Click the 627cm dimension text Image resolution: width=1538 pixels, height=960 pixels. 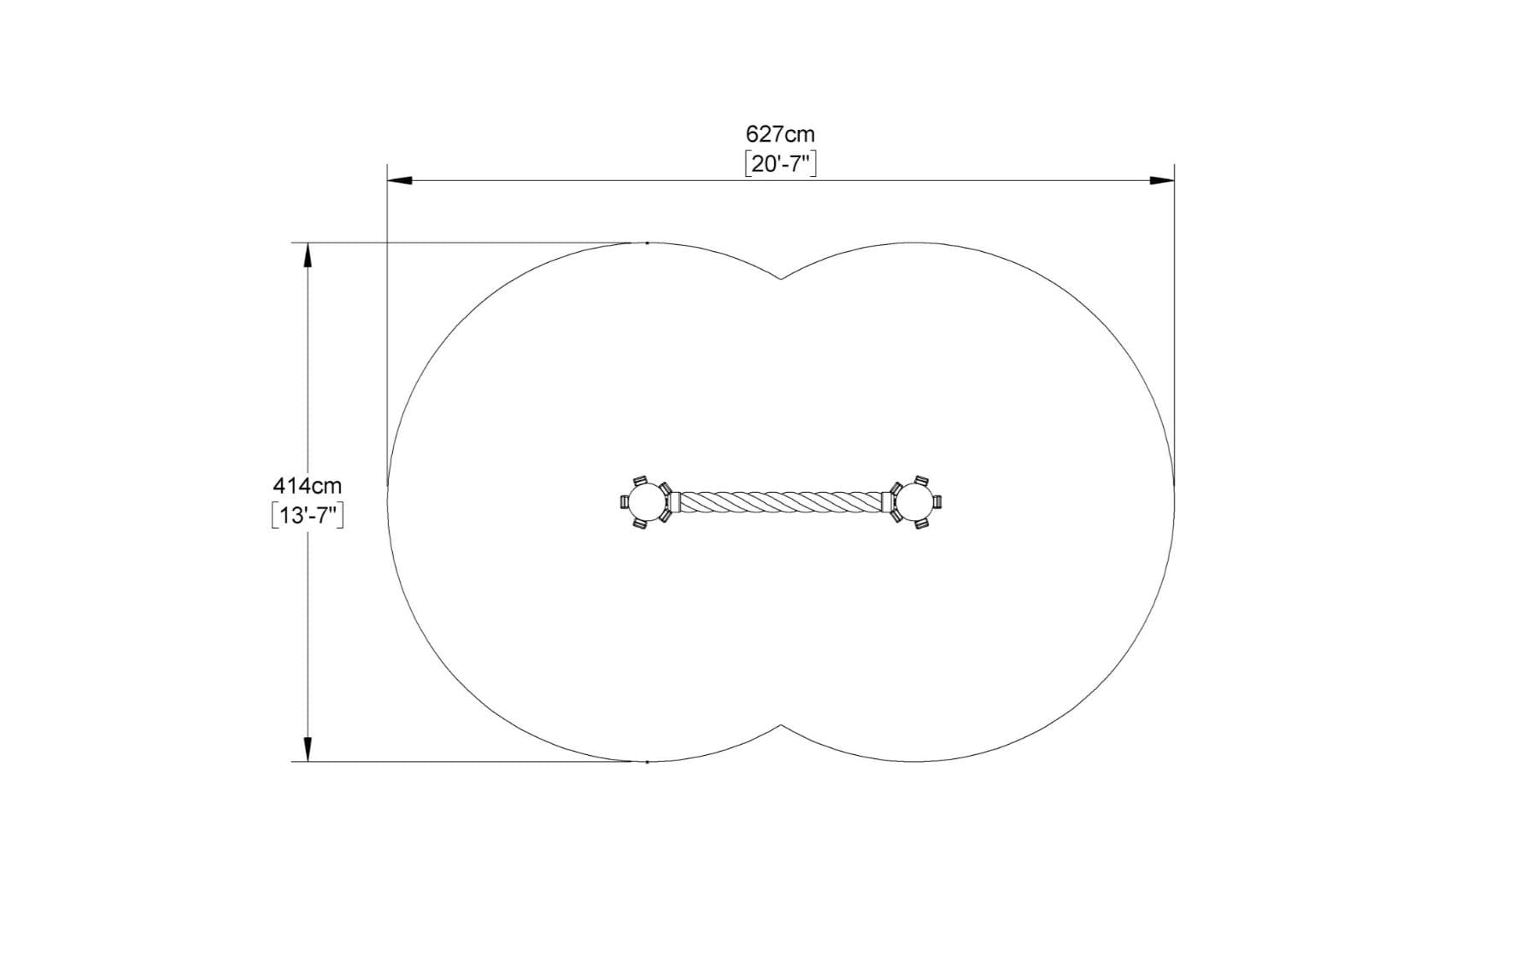point(780,134)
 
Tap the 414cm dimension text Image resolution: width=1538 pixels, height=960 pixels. point(308,486)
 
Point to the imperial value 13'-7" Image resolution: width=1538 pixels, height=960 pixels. point(308,516)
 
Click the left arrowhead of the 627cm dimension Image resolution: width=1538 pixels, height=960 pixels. point(400,180)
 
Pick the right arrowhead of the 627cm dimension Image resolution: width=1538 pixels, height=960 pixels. point(1161,180)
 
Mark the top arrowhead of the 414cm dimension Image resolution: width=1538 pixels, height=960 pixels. point(308,255)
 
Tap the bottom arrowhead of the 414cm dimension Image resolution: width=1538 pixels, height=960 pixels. point(308,749)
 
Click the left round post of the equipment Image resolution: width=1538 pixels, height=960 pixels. point(647,501)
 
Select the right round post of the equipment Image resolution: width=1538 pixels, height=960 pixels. point(915,501)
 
